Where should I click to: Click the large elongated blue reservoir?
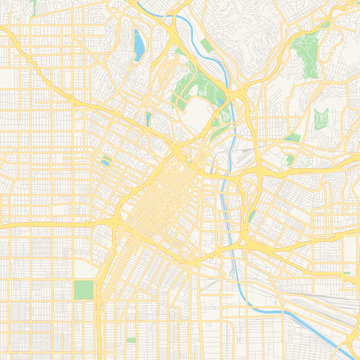[x=136, y=44]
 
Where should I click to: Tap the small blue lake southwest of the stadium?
[x=148, y=118]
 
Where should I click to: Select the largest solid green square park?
[x=83, y=291]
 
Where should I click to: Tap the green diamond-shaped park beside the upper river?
[x=206, y=45]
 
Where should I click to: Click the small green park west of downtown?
[x=105, y=162]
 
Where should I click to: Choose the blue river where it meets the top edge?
[x=152, y=3]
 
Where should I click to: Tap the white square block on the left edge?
[x=8, y=77]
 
